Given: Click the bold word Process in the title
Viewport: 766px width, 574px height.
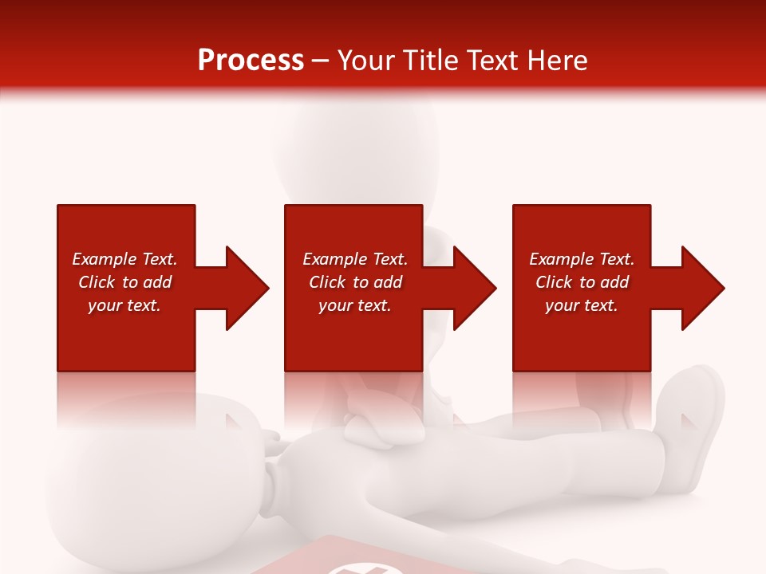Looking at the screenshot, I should (x=251, y=61).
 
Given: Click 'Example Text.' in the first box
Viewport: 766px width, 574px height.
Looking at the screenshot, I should (x=124, y=259).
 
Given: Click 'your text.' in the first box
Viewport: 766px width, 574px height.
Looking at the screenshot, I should (x=124, y=305).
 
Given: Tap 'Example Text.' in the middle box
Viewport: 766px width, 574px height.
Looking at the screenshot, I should (x=355, y=259).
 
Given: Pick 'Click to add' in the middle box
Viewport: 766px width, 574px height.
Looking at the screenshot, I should (x=355, y=282).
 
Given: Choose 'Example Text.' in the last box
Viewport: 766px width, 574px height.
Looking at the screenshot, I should (x=582, y=259).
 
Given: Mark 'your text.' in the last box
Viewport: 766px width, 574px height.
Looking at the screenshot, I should (x=582, y=305).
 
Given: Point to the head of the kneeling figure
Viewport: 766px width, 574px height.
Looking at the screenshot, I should (x=355, y=143).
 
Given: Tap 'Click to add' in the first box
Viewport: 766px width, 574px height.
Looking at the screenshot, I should (x=124, y=282).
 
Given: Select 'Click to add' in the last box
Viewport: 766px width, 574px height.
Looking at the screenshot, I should (x=582, y=282).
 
